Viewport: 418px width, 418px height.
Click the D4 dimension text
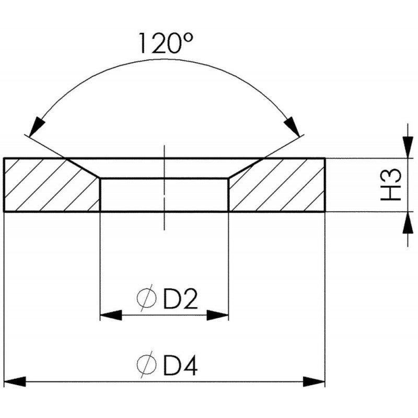pos(180,365)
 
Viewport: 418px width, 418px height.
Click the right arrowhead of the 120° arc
pos(291,126)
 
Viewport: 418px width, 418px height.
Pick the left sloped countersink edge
pos(84,168)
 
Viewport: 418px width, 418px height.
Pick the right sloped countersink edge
pos(245,168)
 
